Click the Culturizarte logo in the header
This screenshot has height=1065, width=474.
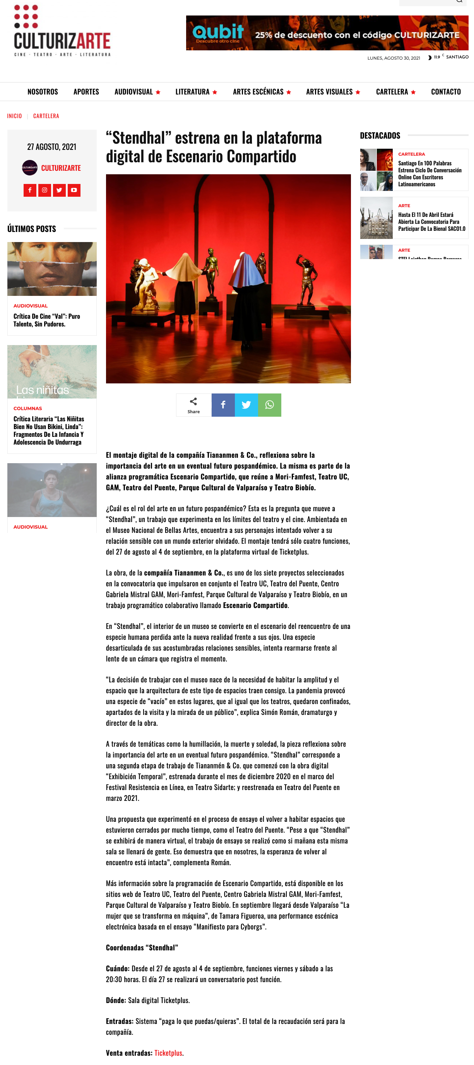[x=62, y=31]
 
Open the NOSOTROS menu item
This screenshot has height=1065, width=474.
[x=43, y=92]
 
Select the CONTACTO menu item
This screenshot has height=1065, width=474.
[x=445, y=92]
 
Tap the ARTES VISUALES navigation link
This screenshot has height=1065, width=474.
[x=329, y=92]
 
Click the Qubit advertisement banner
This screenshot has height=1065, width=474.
[x=327, y=33]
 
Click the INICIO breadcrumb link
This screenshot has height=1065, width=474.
[x=14, y=116]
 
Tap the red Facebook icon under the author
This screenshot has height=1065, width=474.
[x=30, y=190]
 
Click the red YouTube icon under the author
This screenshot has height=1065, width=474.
[x=74, y=190]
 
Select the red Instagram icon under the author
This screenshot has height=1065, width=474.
[x=44, y=190]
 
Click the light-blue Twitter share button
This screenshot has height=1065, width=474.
[x=246, y=405]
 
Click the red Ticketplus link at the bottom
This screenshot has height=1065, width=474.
[x=168, y=1053]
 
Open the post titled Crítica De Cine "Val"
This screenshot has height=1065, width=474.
[x=47, y=320]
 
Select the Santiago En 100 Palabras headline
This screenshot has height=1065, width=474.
[x=430, y=173]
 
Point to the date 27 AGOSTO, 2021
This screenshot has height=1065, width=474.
[x=52, y=147]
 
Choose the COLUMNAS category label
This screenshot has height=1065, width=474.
[x=28, y=409]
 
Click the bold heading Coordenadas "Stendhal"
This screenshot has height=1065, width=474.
[x=142, y=948]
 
